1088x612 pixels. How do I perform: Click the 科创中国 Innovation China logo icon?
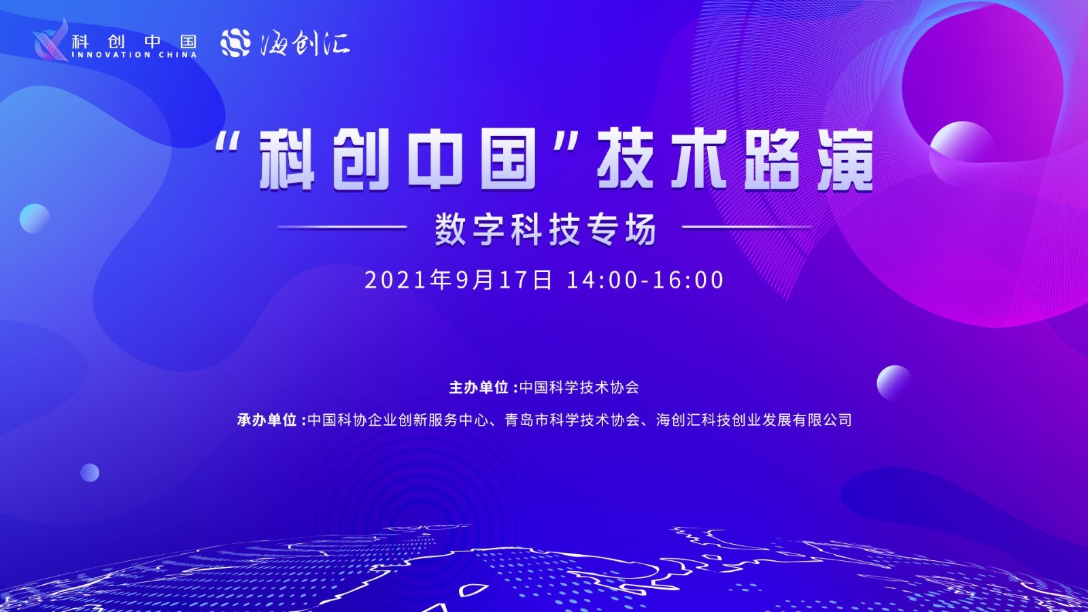coord(51,41)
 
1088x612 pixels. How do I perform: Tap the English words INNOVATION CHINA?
coord(134,55)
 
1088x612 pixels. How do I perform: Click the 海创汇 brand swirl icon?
coord(235,42)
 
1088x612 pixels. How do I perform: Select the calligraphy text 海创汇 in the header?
coord(305,44)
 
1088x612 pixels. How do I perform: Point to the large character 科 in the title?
coord(287,160)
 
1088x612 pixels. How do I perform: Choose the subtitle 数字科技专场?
coord(545,229)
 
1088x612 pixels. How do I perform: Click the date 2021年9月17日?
coord(458,280)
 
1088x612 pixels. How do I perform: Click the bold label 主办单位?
coord(479,387)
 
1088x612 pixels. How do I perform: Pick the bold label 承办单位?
coord(267,420)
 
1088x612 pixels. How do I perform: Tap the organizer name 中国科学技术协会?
coord(579,387)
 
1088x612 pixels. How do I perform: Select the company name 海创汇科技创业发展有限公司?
coord(754,420)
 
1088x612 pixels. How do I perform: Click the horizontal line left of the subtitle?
coord(342,226)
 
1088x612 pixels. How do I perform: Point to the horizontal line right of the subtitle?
coord(747,226)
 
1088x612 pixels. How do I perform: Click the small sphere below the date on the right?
coord(894,383)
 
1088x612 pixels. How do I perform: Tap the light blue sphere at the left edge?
coord(35,218)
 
